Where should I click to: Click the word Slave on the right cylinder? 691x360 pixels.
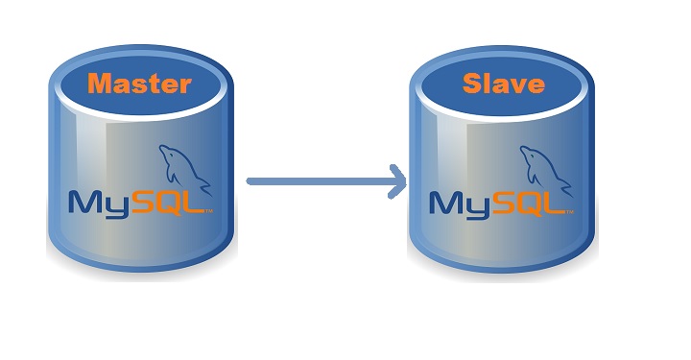click(x=503, y=84)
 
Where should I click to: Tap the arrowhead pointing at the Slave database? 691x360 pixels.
click(x=395, y=180)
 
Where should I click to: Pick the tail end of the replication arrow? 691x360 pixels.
click(x=250, y=180)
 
